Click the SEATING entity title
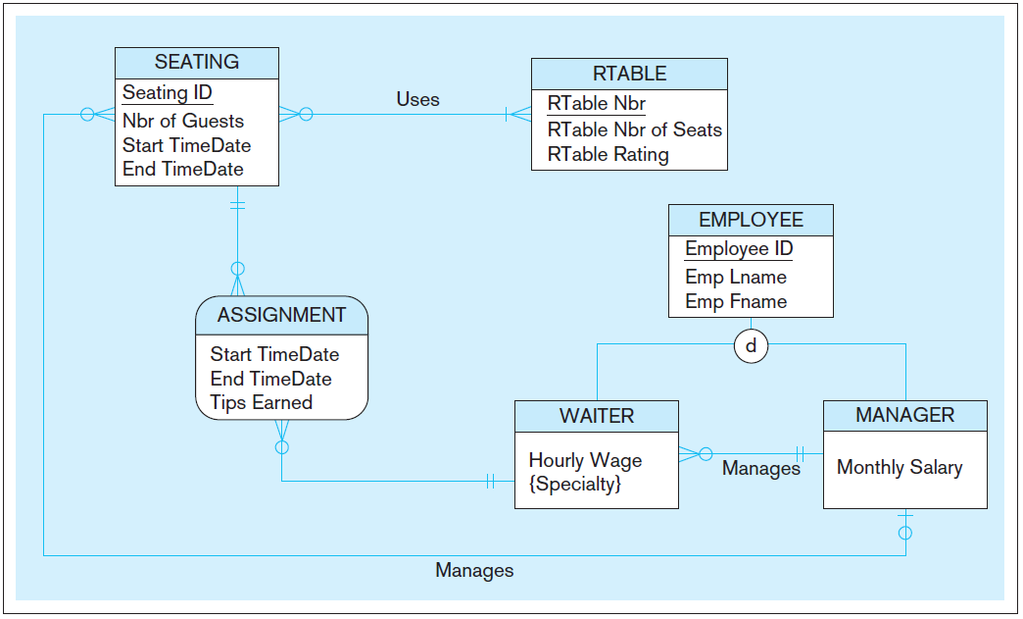tap(196, 62)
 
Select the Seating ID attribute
tap(167, 93)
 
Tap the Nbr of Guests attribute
tap(183, 121)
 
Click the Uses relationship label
tap(417, 99)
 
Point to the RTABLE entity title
tap(629, 74)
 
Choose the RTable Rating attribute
tap(608, 154)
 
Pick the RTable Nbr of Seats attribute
tap(634, 129)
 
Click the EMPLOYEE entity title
tap(751, 220)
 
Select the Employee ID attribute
tap(739, 249)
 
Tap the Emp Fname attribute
tap(736, 301)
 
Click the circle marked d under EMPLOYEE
tap(751, 345)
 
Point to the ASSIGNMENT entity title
tap(281, 315)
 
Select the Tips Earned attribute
tap(261, 402)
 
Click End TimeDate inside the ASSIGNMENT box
tap(270, 379)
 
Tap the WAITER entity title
tap(596, 416)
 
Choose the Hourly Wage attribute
tap(585, 460)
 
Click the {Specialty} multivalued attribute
tap(574, 484)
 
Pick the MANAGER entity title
tap(904, 415)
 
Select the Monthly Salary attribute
tap(899, 468)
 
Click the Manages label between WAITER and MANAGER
tap(760, 468)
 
